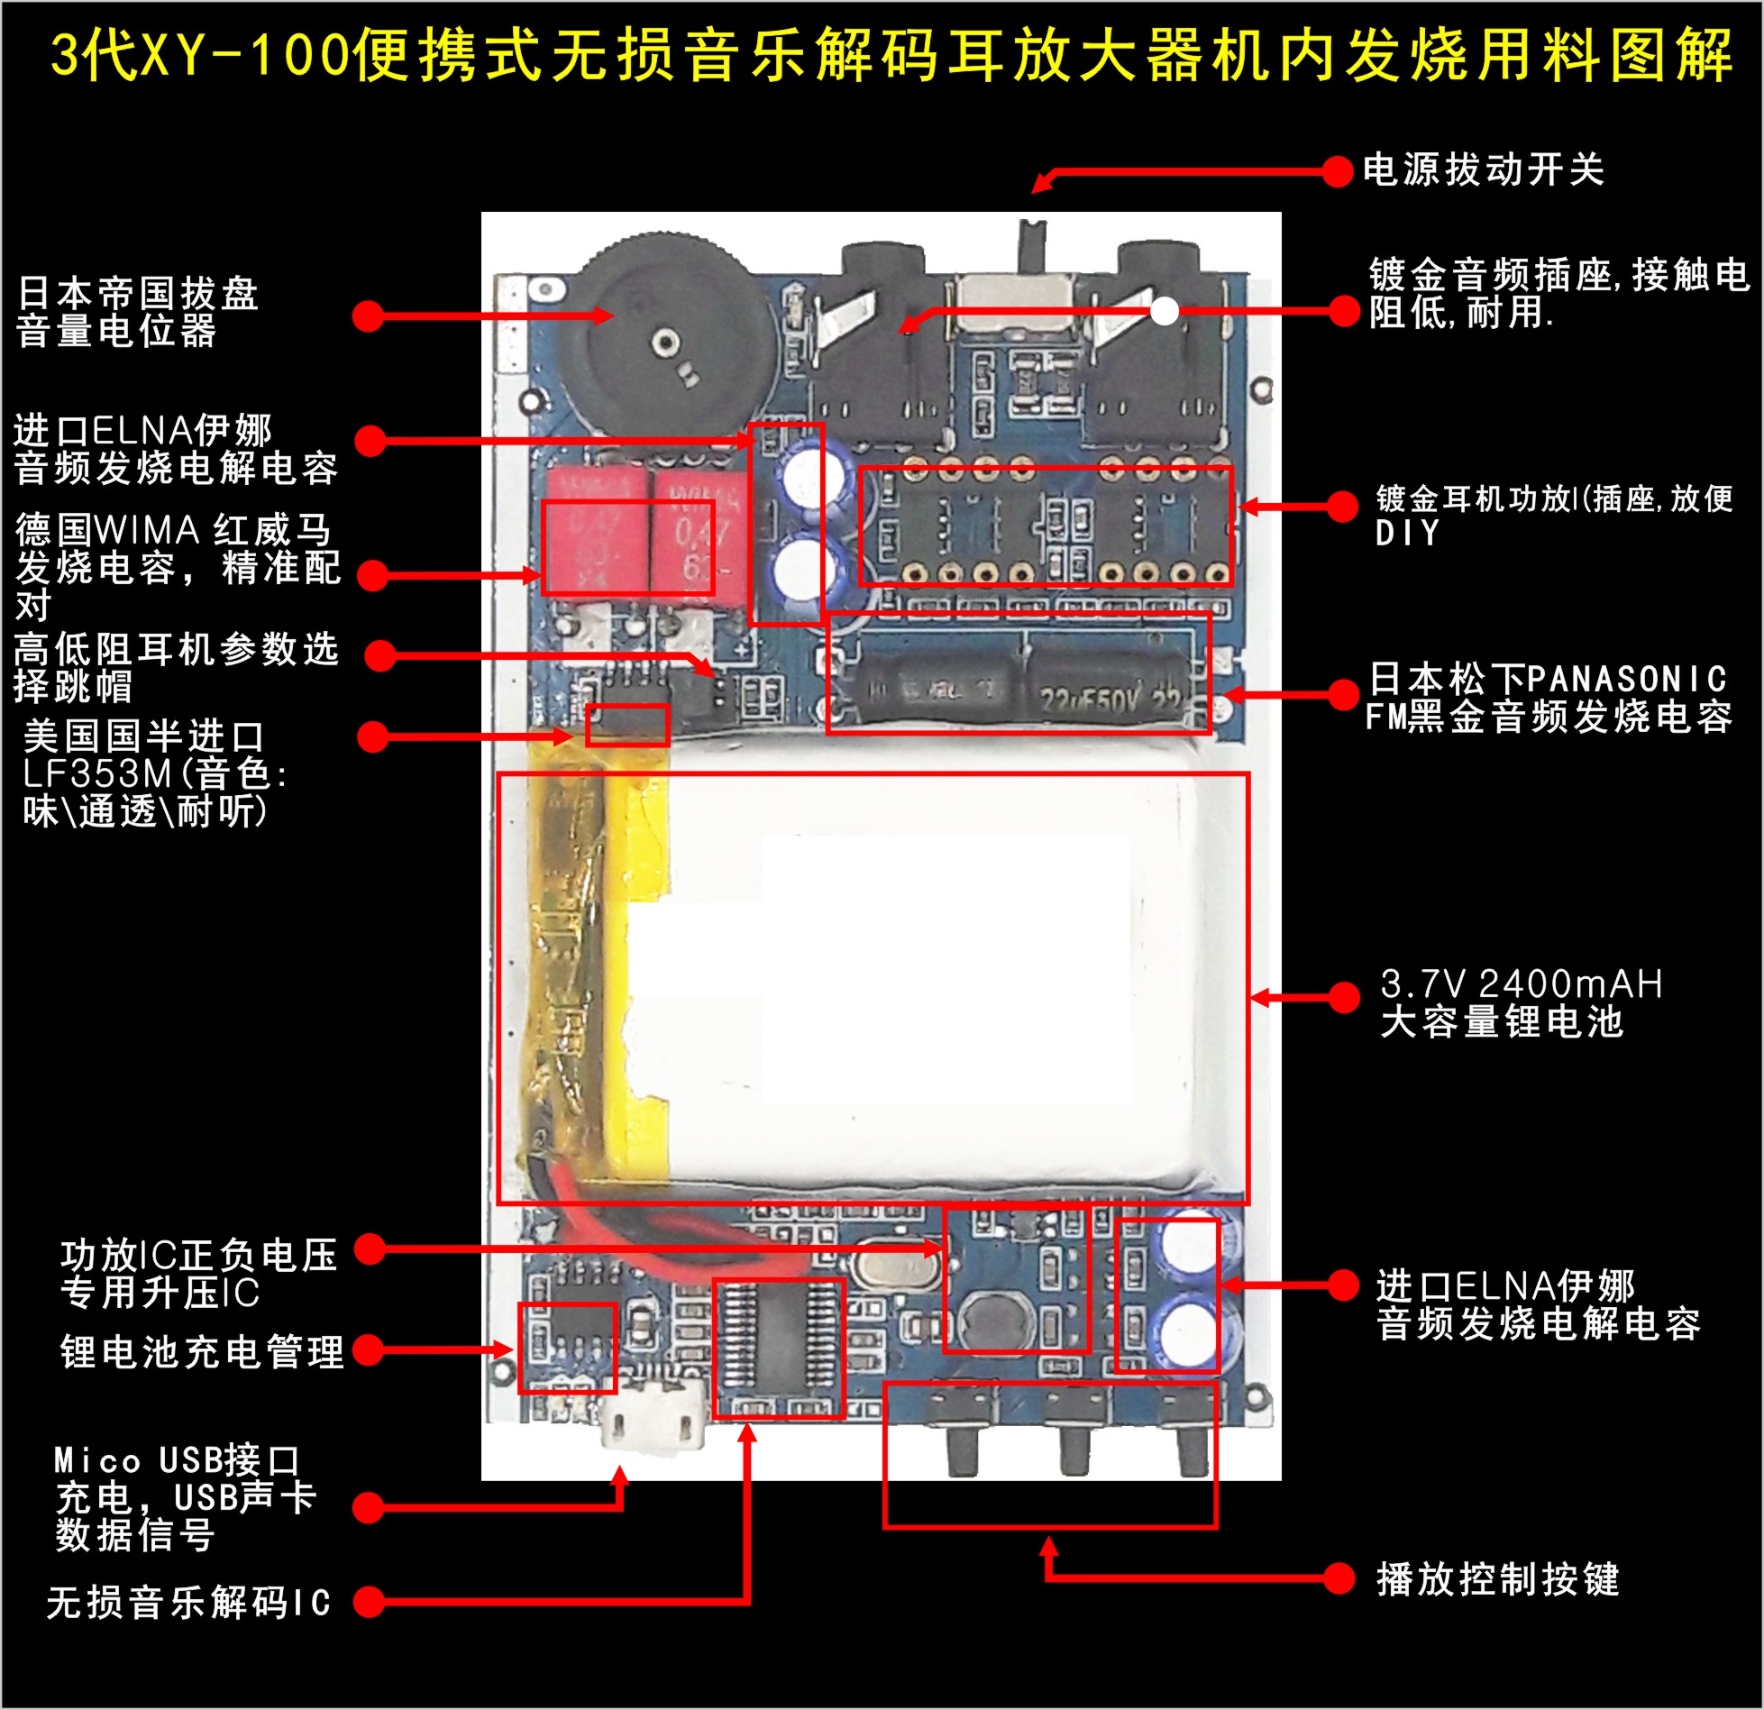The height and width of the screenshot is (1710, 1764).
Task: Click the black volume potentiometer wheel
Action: pos(663,338)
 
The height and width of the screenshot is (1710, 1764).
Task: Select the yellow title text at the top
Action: pos(891,56)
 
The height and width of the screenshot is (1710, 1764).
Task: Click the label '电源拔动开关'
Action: pos(1483,169)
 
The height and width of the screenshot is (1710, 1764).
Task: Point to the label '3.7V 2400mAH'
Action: pos(1521,983)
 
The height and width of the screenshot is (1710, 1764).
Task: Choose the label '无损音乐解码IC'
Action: pos(188,1602)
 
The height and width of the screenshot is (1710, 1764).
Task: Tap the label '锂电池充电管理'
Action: pos(202,1351)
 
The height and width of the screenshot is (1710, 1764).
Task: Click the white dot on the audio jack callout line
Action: pos(1165,311)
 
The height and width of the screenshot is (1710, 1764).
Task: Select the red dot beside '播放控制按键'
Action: pos(1339,1577)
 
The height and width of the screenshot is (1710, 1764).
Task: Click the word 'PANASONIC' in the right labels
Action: pos(1627,678)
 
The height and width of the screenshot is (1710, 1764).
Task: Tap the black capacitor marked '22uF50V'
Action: pos(1109,690)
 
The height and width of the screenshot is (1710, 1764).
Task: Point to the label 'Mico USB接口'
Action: pos(176,1460)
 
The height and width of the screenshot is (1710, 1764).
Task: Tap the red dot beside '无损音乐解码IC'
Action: pos(369,1602)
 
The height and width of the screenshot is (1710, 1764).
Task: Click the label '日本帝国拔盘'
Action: pos(138,293)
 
